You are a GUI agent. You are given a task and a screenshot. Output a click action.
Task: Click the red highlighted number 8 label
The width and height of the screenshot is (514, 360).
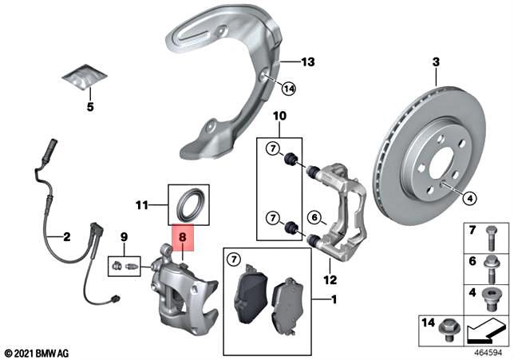point(182,237)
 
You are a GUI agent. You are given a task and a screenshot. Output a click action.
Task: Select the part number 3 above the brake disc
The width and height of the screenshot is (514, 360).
point(436,62)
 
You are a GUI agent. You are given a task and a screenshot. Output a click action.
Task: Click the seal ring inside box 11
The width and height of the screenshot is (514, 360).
point(192,204)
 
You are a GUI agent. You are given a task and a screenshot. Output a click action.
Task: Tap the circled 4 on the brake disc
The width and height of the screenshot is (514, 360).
point(469,199)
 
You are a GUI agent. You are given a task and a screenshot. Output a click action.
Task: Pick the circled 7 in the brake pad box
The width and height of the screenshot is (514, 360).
point(234,259)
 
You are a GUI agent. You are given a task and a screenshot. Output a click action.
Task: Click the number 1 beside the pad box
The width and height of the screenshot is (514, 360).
point(333,300)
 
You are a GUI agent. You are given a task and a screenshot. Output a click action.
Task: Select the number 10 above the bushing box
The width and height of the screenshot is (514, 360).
point(279,117)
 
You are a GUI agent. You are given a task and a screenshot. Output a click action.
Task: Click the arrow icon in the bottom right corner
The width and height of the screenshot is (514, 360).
point(484,326)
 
